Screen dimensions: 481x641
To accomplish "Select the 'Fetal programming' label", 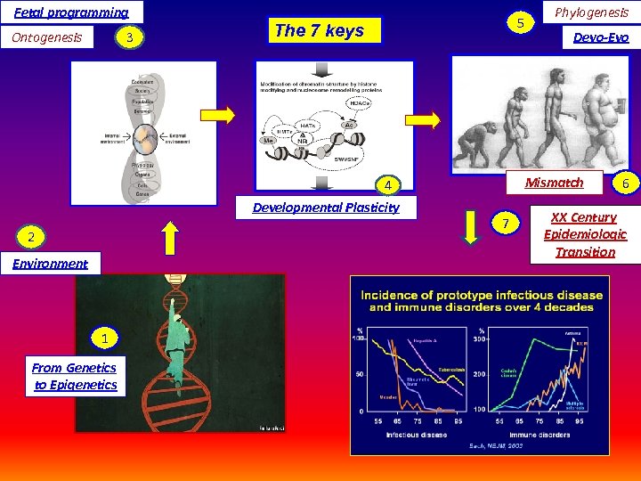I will point(71,12).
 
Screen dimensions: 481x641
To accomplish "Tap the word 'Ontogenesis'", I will point(46,37).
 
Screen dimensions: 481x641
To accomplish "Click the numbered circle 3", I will point(131,37).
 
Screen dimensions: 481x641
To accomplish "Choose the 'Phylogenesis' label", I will point(591,12).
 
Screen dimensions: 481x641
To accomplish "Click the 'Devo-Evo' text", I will point(602,37).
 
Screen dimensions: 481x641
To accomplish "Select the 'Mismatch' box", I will point(554,183).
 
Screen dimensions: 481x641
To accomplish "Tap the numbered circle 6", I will point(625,183).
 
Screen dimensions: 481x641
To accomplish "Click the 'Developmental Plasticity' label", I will point(326,208).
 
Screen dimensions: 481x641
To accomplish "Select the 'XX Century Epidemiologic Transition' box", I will point(585,234).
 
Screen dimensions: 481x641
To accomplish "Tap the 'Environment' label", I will point(51,263).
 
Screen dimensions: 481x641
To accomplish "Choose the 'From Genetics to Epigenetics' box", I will point(75,376).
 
